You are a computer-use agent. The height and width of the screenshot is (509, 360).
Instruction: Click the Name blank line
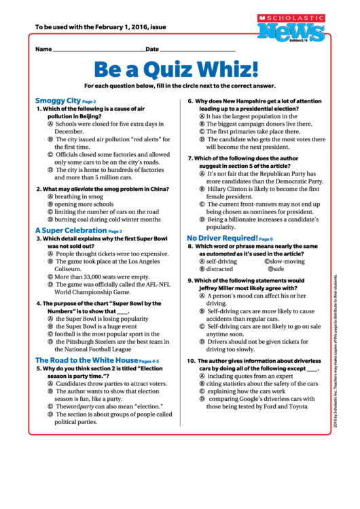tap(98, 50)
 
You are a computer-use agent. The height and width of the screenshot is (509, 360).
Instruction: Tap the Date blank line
tap(197, 50)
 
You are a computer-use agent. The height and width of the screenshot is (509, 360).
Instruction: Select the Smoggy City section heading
tap(58, 101)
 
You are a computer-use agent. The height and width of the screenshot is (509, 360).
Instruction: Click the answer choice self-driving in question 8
tap(221, 261)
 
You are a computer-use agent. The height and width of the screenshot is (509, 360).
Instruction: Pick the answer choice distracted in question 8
tap(219, 269)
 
